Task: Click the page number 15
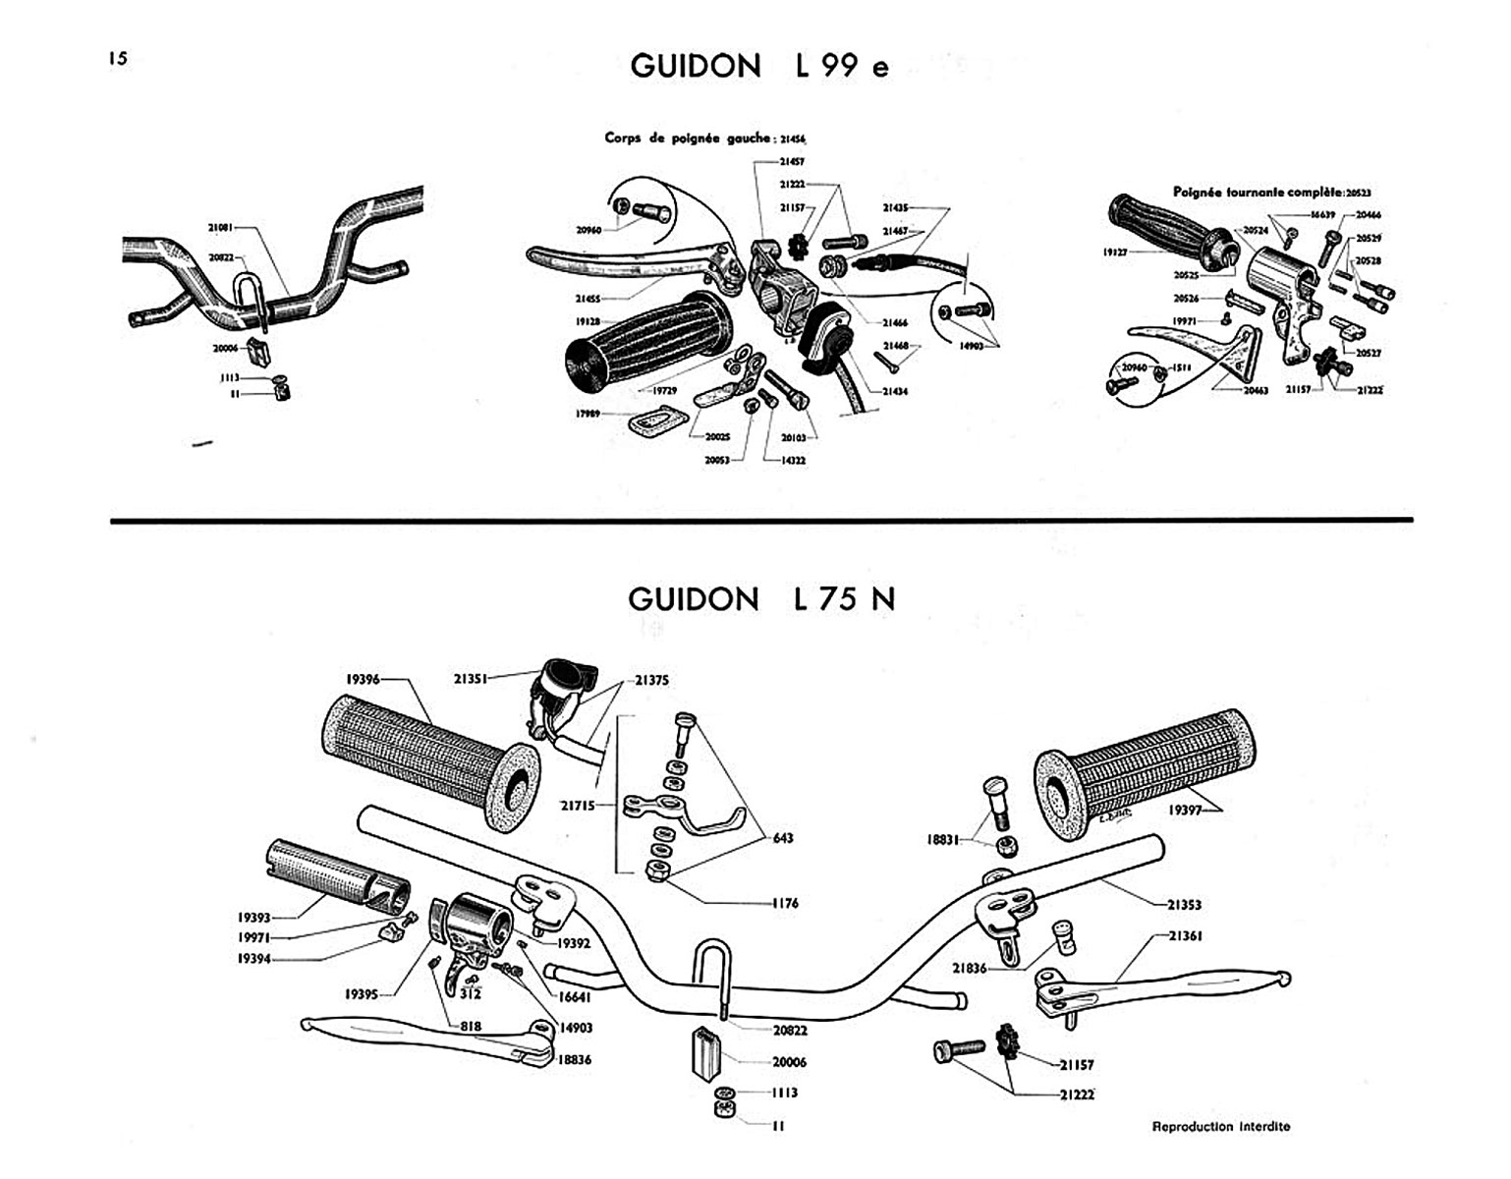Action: click(x=118, y=58)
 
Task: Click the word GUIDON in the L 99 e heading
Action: click(x=696, y=66)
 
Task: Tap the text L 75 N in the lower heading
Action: click(x=844, y=598)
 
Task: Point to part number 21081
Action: click(x=221, y=227)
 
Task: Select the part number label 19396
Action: click(x=363, y=679)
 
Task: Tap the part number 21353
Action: click(x=1184, y=904)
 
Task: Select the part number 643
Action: click(x=782, y=838)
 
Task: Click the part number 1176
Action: click(x=784, y=903)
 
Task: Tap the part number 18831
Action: click(x=945, y=839)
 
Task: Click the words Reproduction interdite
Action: click(x=1220, y=1126)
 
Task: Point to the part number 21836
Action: click(x=970, y=969)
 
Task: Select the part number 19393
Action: click(x=253, y=918)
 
